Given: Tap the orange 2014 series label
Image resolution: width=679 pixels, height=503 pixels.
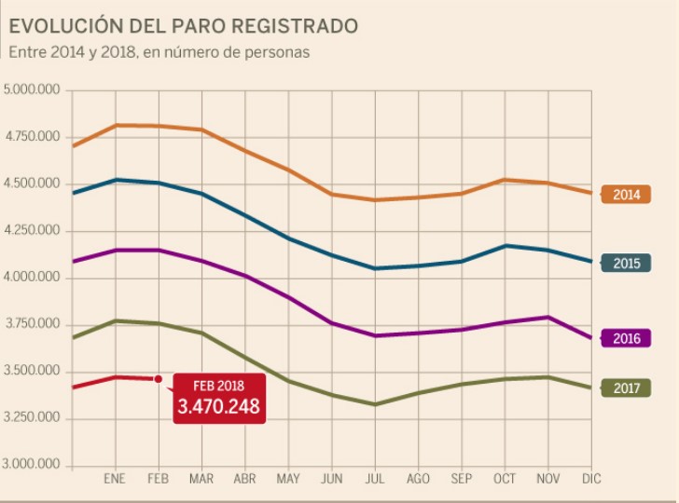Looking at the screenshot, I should tap(626, 195).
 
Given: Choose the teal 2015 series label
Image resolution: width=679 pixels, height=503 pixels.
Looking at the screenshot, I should tap(626, 264).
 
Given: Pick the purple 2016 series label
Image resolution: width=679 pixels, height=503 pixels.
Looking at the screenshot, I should tap(626, 339).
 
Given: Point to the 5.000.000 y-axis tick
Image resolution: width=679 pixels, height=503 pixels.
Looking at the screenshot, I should tap(33, 90).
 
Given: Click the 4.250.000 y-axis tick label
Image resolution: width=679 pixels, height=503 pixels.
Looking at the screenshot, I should tap(33, 231).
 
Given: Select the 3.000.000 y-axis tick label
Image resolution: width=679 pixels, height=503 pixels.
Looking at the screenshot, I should tap(33, 465).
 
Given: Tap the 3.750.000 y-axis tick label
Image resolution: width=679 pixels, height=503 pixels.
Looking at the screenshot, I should tap(33, 324).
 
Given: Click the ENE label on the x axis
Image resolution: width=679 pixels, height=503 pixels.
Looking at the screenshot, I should tap(115, 480).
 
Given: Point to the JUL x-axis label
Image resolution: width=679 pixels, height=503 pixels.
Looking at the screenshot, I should tap(375, 480).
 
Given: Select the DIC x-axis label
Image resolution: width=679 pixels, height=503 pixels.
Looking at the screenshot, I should tap(591, 480).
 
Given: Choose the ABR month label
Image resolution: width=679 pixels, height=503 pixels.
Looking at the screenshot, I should tap(244, 480).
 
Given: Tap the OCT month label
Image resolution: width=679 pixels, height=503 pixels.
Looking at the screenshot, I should tap(505, 480).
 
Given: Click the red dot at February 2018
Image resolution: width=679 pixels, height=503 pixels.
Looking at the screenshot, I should tap(158, 379).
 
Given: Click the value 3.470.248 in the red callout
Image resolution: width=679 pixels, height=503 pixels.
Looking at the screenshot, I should tap(219, 407).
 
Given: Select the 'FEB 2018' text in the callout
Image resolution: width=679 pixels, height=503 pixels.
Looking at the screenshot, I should tap(219, 386).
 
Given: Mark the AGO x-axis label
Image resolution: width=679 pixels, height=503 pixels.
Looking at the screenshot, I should tap(418, 480).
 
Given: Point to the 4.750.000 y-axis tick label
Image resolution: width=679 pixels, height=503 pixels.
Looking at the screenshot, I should tap(33, 137).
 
